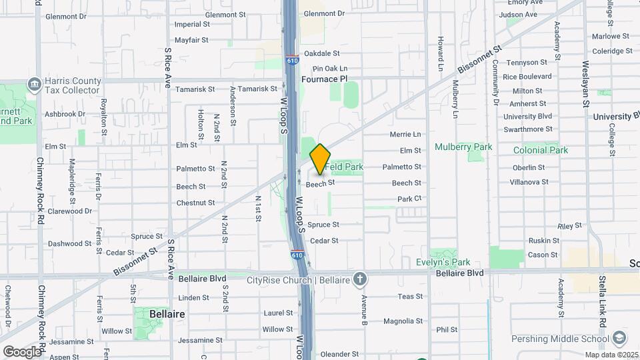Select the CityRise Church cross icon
359,280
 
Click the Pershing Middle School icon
619,338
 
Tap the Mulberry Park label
463,147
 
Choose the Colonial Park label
541,150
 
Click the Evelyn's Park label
443,263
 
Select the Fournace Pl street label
325,79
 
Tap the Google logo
22,351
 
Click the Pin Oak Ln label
330,68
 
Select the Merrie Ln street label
405,134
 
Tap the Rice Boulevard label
527,77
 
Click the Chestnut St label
195,203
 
